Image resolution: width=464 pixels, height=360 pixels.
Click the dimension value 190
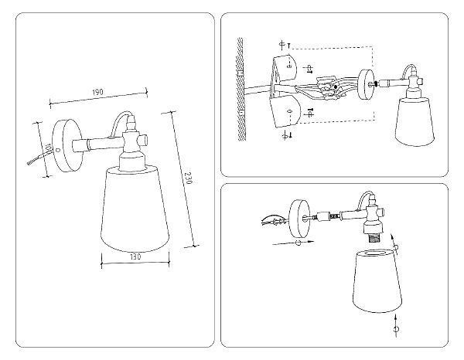click(97, 93)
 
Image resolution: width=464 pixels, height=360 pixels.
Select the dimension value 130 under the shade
click(135, 256)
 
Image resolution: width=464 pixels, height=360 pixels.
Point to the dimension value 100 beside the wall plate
click(47, 148)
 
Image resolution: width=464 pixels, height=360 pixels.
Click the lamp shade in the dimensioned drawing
click(136, 208)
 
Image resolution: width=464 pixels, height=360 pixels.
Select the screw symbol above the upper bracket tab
click(283, 42)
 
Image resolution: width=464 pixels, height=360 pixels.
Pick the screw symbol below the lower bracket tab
click(285, 136)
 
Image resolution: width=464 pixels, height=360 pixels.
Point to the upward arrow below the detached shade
click(396, 321)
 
